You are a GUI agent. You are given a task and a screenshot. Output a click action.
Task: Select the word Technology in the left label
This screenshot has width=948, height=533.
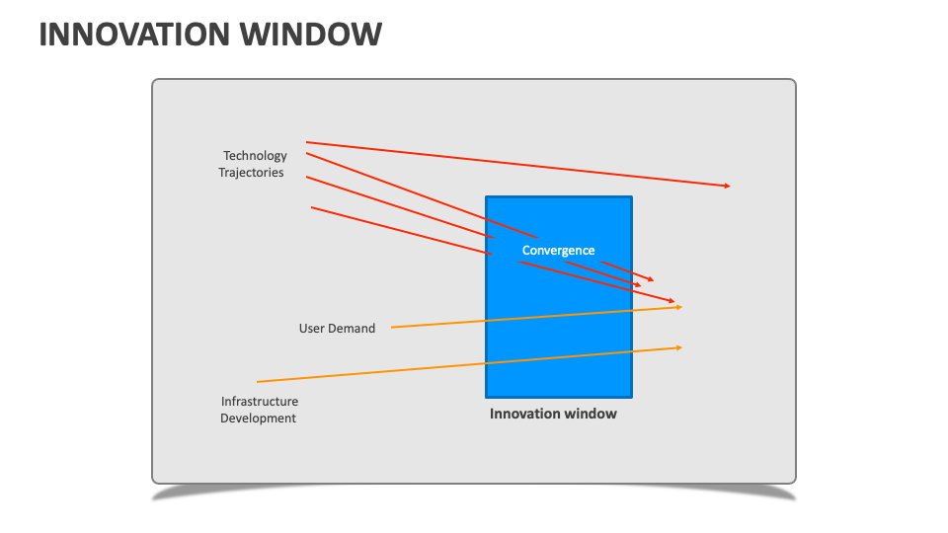pyautogui.click(x=255, y=155)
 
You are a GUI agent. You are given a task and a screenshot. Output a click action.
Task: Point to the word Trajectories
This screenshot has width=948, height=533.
pyautogui.click(x=251, y=172)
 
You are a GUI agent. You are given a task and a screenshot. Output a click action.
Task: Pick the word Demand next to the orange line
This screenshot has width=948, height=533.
pyautogui.click(x=353, y=328)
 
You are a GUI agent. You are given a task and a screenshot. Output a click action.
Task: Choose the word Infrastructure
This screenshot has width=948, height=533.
pyautogui.click(x=259, y=402)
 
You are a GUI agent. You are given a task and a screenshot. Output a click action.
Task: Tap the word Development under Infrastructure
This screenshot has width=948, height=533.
pyautogui.click(x=258, y=419)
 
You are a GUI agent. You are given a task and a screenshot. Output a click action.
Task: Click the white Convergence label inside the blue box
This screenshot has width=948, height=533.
pyautogui.click(x=558, y=251)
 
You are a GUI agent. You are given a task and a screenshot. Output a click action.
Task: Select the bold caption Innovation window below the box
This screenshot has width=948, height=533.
pyautogui.click(x=553, y=414)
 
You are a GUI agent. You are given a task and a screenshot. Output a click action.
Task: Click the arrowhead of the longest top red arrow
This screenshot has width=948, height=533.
pyautogui.click(x=728, y=186)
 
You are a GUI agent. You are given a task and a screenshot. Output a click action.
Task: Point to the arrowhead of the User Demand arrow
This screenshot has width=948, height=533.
pyautogui.click(x=679, y=307)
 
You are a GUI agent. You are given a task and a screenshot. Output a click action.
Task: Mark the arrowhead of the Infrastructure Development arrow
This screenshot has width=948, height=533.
pyautogui.click(x=679, y=347)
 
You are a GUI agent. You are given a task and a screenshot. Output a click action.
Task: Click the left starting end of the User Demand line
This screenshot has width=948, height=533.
pyautogui.click(x=391, y=327)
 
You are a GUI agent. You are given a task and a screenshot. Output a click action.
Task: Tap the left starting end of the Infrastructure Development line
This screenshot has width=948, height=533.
pyautogui.click(x=258, y=381)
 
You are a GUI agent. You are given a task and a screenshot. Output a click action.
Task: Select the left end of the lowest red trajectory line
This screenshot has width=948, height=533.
pyautogui.click(x=312, y=207)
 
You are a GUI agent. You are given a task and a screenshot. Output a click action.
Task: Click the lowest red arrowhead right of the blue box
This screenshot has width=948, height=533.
pyautogui.click(x=672, y=300)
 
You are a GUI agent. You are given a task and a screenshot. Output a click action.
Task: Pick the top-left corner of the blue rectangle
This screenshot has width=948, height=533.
pyautogui.click(x=486, y=196)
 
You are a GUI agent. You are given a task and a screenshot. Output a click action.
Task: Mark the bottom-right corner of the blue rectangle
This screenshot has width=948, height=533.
pyautogui.click(x=631, y=396)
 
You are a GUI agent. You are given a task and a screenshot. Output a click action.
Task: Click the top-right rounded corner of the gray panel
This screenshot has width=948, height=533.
pyautogui.click(x=792, y=83)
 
